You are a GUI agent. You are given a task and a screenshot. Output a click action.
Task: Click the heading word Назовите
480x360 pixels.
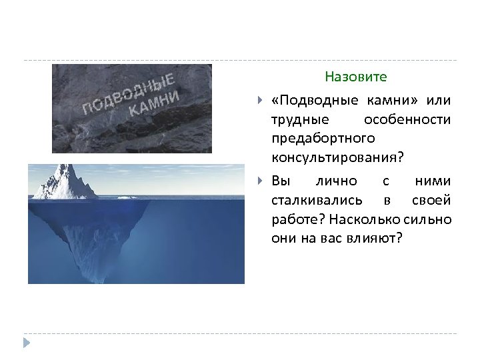[355, 77]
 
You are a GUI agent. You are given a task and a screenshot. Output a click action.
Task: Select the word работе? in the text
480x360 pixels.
[297, 219]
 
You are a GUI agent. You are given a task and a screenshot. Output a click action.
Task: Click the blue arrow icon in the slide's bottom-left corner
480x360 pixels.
[26, 343]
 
